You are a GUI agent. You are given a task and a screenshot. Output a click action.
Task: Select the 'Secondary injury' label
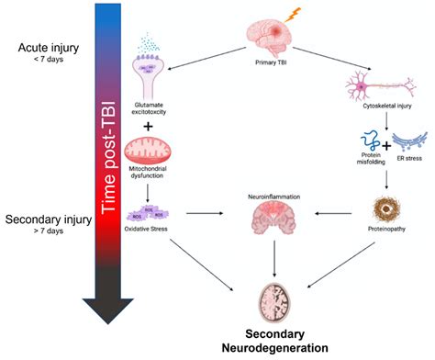(x=43, y=220)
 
